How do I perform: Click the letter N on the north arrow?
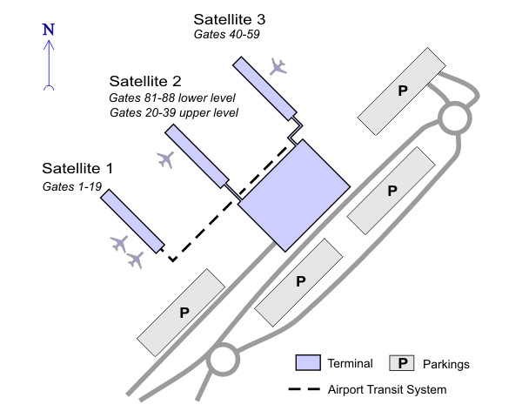[x=49, y=29]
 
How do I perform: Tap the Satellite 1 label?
[x=77, y=167]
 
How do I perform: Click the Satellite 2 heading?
[x=144, y=81]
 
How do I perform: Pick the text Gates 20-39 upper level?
[x=174, y=112]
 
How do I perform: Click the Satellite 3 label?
[x=230, y=18]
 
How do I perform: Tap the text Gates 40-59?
[x=228, y=34]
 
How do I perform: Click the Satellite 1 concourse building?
[x=132, y=220]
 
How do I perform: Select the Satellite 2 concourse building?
[x=197, y=156]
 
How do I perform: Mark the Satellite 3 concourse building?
[x=264, y=88]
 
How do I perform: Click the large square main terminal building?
[x=294, y=193]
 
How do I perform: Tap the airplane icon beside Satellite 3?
[x=278, y=66]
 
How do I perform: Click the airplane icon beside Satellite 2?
[x=165, y=159]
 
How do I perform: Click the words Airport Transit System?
[x=387, y=389]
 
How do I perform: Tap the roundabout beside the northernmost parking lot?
[x=455, y=117]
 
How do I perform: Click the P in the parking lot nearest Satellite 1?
[x=184, y=312]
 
